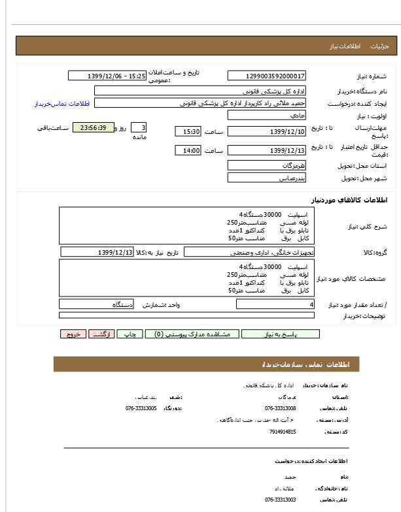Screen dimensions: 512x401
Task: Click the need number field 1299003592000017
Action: click(267, 76)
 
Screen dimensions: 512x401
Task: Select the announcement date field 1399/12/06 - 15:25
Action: click(107, 76)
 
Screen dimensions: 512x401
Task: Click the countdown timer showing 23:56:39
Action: click(94, 127)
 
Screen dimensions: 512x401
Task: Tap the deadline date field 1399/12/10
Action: click(267, 132)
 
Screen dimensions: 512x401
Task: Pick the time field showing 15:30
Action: click(188, 132)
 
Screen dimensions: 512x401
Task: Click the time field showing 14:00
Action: click(188, 151)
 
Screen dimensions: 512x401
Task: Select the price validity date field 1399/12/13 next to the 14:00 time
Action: click(267, 151)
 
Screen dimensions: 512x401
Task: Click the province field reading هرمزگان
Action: click(267, 165)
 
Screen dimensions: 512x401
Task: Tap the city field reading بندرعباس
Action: click(267, 178)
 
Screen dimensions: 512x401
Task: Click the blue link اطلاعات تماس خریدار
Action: click(61, 104)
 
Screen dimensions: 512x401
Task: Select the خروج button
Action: click(73, 334)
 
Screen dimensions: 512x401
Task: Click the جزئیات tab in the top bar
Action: click(380, 47)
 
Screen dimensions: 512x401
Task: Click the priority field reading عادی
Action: click(267, 115)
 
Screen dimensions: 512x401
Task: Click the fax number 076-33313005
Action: click(141, 408)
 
